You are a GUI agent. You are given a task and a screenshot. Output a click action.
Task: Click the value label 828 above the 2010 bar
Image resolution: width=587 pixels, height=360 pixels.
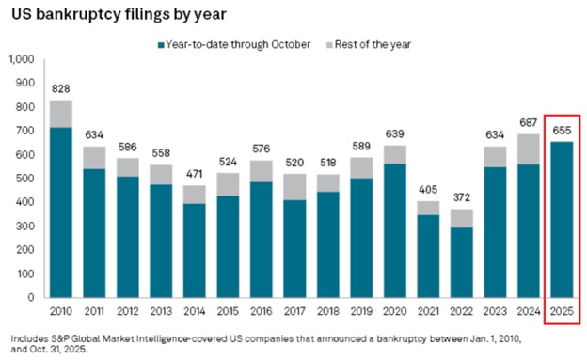(61, 86)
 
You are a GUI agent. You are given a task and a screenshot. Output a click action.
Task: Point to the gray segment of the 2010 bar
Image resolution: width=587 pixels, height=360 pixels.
(61, 114)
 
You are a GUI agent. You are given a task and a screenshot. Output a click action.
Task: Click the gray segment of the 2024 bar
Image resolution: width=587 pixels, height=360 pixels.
(529, 149)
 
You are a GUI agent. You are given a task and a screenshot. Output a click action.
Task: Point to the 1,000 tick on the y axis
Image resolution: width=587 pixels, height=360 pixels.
(21, 59)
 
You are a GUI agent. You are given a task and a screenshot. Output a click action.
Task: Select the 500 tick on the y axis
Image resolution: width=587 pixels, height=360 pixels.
(25, 179)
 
